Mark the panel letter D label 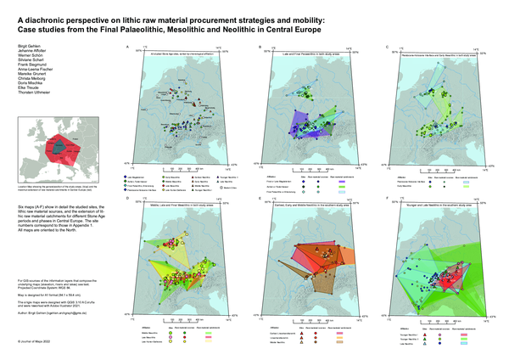coord(126,198)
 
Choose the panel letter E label coord(258,198)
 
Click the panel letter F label coord(389,198)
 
